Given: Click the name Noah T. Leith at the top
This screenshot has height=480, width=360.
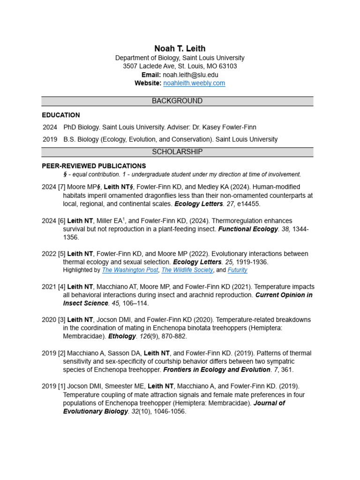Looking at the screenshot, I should pyautogui.click(x=180, y=49).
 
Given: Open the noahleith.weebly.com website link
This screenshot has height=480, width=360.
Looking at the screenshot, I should pyautogui.click(x=194, y=83).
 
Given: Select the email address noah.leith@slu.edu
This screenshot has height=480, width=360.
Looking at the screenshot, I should pyautogui.click(x=190, y=75).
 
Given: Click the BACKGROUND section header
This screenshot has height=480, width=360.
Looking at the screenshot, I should pyautogui.click(x=177, y=101).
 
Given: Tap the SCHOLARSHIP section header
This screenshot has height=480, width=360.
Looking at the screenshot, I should pyautogui.click(x=177, y=152).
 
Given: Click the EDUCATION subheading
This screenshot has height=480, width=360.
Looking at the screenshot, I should pyautogui.click(x=61, y=115).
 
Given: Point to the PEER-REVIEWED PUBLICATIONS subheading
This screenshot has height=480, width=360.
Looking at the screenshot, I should pyautogui.click(x=94, y=166).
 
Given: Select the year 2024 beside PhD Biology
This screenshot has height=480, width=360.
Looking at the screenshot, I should pyautogui.click(x=50, y=127).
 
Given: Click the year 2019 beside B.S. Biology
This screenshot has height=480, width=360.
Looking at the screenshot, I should pyautogui.click(x=50, y=139).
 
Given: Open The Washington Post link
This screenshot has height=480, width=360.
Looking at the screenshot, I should pyautogui.click(x=130, y=270).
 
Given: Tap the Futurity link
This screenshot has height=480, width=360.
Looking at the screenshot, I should pyautogui.click(x=237, y=270).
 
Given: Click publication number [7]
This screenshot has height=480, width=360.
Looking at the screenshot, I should pyautogui.click(x=62, y=187).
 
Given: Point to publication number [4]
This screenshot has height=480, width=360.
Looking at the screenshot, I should pyautogui.click(x=62, y=287).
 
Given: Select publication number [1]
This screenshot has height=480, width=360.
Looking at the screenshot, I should pyautogui.click(x=62, y=386).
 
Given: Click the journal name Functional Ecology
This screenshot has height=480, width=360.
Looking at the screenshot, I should pyautogui.click(x=248, y=229).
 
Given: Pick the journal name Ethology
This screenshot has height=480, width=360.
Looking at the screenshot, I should pyautogui.click(x=121, y=337).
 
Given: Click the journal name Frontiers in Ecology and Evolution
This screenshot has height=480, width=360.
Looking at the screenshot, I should pyautogui.click(x=217, y=370).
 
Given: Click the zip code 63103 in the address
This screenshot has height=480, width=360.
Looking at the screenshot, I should pyautogui.click(x=228, y=67).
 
